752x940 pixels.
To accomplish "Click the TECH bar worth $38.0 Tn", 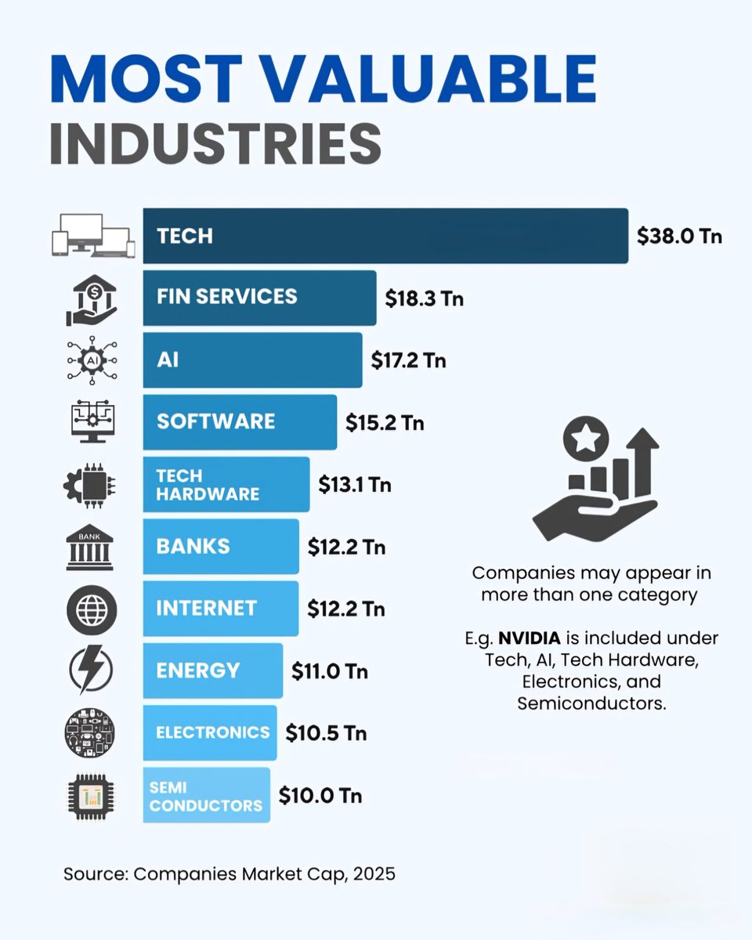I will [x=385, y=236].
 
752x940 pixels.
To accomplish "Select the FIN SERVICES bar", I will [x=259, y=298].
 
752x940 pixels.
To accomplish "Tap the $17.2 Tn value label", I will [x=408, y=360].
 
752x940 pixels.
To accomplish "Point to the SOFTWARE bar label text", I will [x=215, y=421].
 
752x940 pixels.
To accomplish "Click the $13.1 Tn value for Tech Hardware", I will [x=355, y=485].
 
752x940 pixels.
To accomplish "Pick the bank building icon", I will [x=90, y=547].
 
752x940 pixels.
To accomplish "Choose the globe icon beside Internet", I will [x=90, y=609].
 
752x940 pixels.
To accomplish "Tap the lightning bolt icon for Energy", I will [x=90, y=671].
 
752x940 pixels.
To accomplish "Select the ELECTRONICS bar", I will [x=210, y=732].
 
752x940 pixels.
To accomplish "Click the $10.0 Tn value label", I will [x=320, y=796].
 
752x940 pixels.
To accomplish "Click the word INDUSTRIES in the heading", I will [x=215, y=143].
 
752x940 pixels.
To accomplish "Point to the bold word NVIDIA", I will [x=530, y=638].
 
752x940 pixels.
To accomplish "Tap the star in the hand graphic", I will [x=586, y=439].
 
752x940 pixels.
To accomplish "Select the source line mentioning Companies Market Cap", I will [x=230, y=873].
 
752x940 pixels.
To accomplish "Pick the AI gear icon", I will [x=90, y=360].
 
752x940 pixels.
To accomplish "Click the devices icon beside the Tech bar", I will [x=90, y=236].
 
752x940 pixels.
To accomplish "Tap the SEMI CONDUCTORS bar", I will [x=207, y=795].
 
